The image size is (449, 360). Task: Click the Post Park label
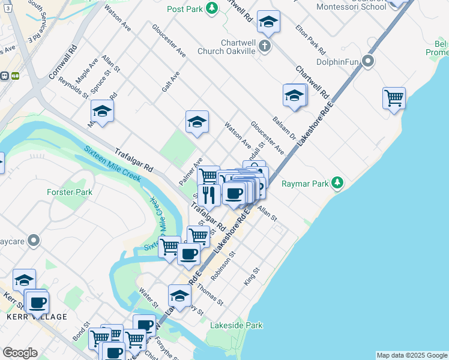pyautogui.click(x=184, y=9)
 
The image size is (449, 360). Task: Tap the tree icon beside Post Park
pyautogui.click(x=211, y=8)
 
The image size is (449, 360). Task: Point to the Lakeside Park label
pyautogui.click(x=237, y=326)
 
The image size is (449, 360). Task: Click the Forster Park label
pyautogui.click(x=70, y=193)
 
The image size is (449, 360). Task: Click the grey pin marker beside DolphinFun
pyautogui.click(x=369, y=61)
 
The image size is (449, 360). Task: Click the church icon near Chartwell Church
pyautogui.click(x=264, y=46)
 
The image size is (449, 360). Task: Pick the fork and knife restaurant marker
pyautogui.click(x=208, y=194)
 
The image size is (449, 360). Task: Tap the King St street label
pyautogui.click(x=252, y=277)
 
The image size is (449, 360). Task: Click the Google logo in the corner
pyautogui.click(x=20, y=353)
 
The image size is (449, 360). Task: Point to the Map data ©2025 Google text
pyautogui.click(x=412, y=355)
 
